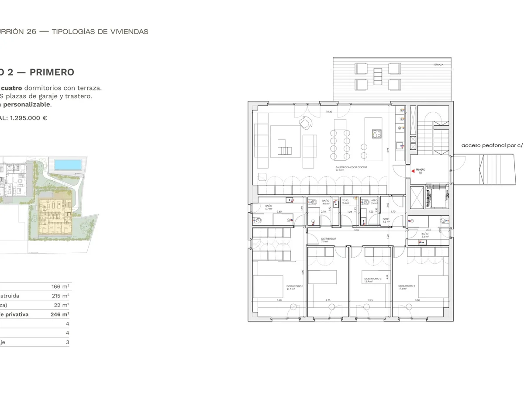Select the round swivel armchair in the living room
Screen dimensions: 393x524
[305, 124]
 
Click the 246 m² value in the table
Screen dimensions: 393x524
[60, 314]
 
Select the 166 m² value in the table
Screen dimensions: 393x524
[60, 286]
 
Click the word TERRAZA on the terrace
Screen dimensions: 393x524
[438, 65]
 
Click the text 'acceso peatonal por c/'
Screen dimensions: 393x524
[492, 146]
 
